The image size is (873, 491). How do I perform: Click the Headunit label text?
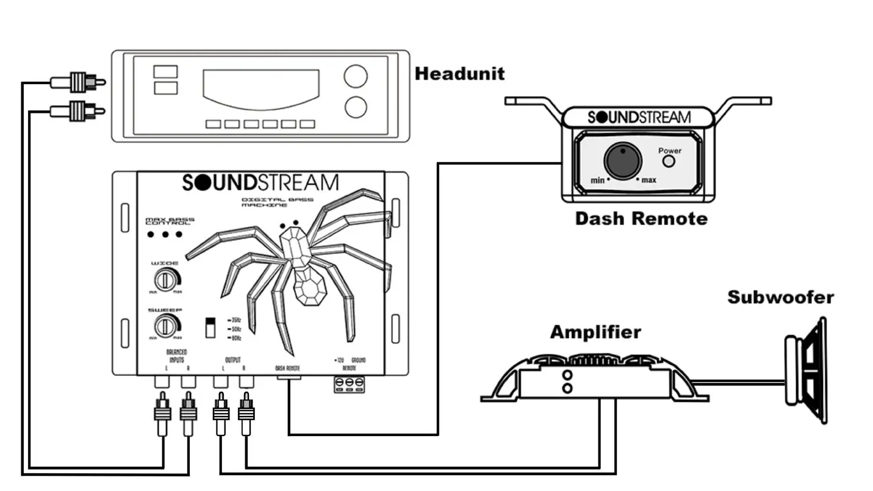(459, 74)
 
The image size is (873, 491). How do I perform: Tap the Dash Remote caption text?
(641, 218)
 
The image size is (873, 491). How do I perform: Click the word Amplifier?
(595, 332)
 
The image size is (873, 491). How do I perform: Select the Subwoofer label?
(780, 298)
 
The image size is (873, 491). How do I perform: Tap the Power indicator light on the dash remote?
(669, 161)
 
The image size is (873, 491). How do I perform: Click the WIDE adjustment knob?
(165, 280)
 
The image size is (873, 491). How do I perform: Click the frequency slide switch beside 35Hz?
(211, 327)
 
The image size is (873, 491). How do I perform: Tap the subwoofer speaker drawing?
(805, 370)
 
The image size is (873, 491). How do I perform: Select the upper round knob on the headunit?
(356, 77)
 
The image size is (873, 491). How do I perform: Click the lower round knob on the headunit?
(356, 107)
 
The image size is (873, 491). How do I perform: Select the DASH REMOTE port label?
(287, 368)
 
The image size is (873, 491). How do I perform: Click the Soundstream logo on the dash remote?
(639, 117)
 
